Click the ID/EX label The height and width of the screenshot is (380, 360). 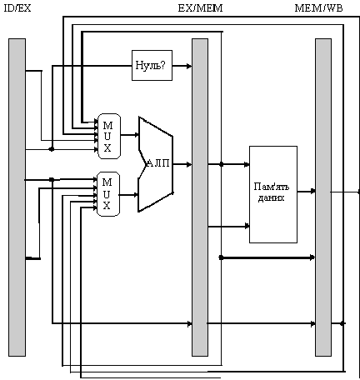click(17, 8)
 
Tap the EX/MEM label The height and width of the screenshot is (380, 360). click(200, 8)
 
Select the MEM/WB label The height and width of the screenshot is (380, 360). click(318, 8)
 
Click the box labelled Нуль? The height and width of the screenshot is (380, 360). click(152, 66)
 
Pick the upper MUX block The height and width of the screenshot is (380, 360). click(109, 136)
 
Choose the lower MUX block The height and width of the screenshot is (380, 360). click(108, 194)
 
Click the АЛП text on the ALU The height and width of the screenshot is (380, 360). click(157, 163)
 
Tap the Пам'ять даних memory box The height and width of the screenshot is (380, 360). click(273, 194)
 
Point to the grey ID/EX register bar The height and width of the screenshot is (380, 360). click(17, 197)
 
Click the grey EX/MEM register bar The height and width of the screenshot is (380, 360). click(200, 197)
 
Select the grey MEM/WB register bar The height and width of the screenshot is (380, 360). click(323, 197)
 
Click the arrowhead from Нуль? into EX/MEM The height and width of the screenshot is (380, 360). click(189, 66)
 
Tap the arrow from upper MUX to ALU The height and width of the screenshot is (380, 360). click(130, 135)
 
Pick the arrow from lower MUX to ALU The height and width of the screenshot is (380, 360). click(129, 195)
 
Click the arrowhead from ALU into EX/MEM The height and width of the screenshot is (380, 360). click(189, 164)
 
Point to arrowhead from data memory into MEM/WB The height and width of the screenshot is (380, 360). click(312, 191)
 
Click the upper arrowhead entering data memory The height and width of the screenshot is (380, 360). click(247, 164)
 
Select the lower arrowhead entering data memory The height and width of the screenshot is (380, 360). click(247, 226)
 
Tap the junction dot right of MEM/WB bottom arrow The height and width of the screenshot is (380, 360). click(342, 323)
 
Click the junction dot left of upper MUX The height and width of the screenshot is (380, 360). click(52, 149)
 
